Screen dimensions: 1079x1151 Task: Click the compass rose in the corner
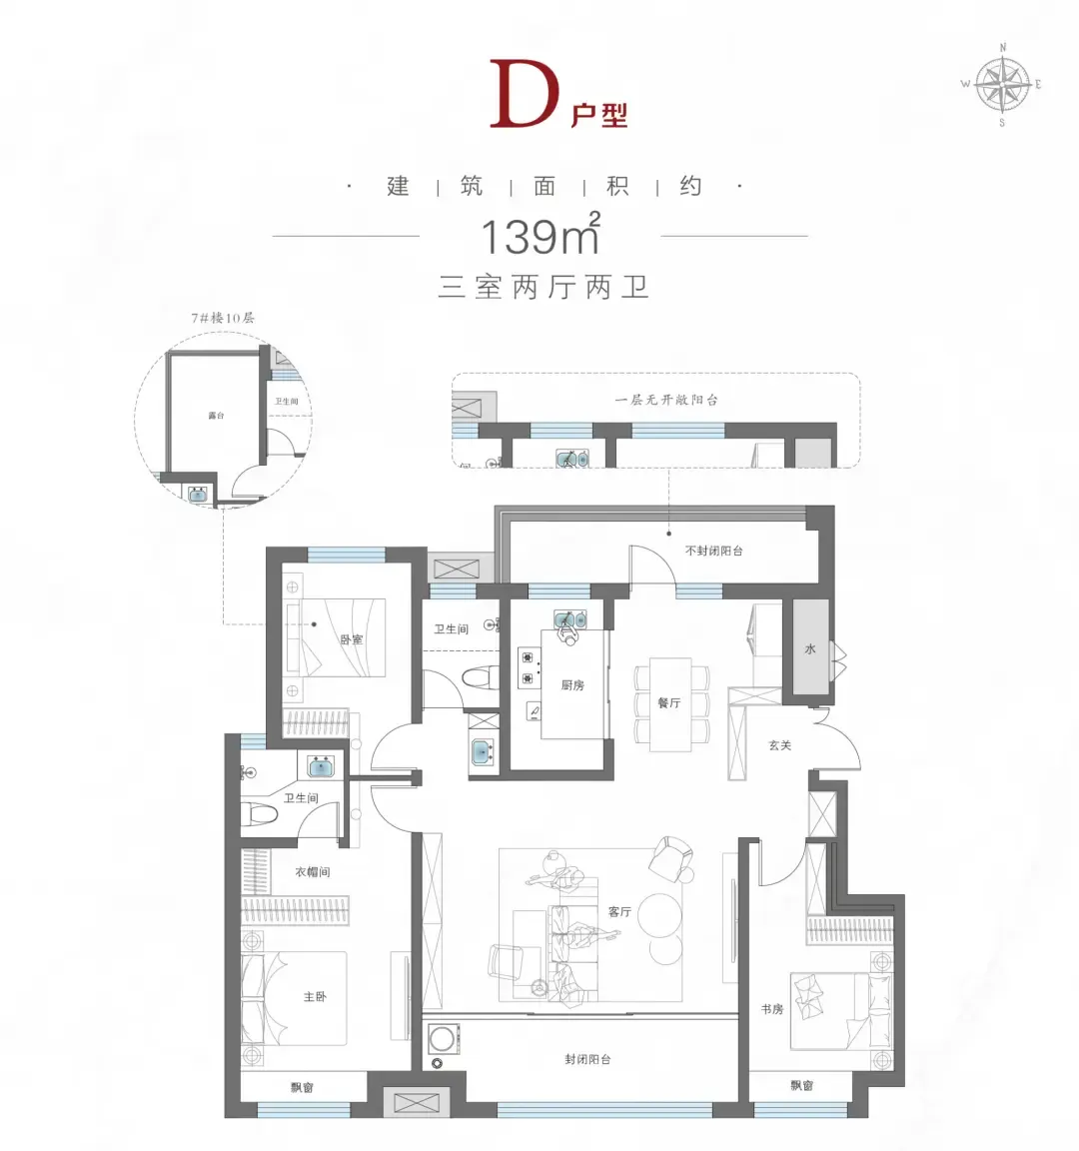coord(1003,84)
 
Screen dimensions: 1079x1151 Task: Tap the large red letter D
coord(525,94)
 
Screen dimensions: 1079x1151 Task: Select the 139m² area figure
coord(540,234)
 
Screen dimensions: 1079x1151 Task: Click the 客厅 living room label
coord(619,911)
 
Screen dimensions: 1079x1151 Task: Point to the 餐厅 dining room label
coord(668,702)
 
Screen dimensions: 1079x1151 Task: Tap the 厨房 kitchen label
coord(572,684)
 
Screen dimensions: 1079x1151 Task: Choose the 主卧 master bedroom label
coord(315,996)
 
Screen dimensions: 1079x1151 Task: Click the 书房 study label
coord(772,1009)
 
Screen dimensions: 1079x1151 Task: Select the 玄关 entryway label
coord(779,745)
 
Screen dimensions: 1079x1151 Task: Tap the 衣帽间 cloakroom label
coord(313,871)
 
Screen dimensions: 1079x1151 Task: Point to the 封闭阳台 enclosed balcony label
coord(587,1059)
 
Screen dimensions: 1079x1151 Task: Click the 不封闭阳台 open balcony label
coord(713,551)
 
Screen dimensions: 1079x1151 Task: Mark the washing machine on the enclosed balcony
coord(442,1039)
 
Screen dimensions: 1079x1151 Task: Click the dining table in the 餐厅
coord(670,704)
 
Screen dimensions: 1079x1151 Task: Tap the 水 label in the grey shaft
coord(810,648)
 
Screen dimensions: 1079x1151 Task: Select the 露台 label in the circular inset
coord(216,416)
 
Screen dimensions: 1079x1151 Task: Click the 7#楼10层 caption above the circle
coord(223,318)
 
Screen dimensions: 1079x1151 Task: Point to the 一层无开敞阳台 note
coord(666,400)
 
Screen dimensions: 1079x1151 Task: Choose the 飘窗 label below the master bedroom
coord(302,1087)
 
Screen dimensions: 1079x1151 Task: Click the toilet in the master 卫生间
coord(260,813)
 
